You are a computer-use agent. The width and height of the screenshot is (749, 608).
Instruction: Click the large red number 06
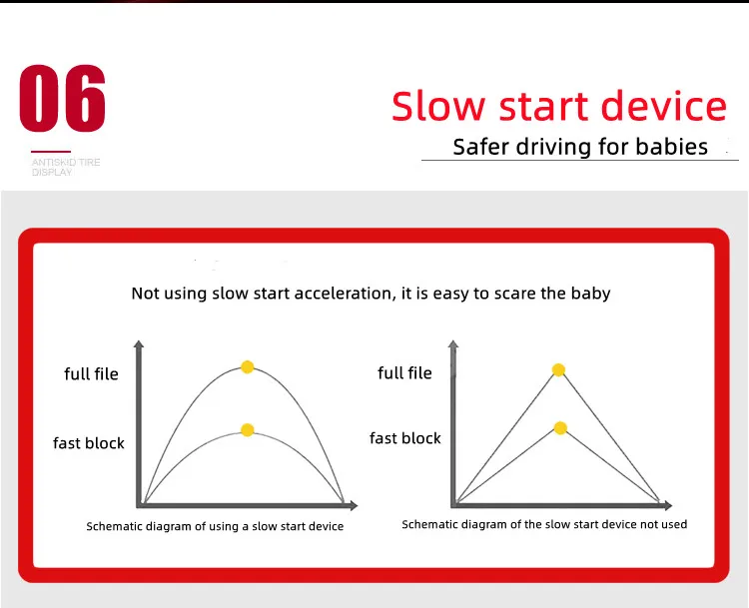[x=63, y=98]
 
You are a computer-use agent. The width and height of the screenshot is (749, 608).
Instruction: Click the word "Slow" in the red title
[x=438, y=105]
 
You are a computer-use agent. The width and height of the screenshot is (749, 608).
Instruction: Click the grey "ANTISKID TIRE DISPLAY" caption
[x=66, y=167]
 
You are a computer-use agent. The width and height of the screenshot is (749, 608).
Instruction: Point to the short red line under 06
[x=51, y=152]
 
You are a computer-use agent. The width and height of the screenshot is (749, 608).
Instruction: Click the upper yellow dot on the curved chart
[x=247, y=366]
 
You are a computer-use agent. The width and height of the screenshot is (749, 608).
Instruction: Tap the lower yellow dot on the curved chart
[x=247, y=430]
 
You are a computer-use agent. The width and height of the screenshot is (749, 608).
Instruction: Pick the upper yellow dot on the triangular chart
[x=558, y=369]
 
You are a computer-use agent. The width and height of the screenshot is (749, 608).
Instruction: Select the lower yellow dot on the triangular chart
[x=560, y=428]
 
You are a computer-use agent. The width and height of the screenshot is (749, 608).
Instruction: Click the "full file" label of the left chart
[x=91, y=373]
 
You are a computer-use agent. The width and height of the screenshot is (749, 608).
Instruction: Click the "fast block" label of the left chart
[x=88, y=442]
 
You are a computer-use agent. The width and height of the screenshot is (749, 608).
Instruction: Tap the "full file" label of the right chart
[x=404, y=372]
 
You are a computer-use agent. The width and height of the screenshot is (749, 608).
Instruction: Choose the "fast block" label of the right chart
[x=405, y=438]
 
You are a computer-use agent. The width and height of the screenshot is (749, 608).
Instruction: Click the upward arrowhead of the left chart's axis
[x=139, y=344]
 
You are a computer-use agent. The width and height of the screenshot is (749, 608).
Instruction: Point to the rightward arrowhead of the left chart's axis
[x=354, y=505]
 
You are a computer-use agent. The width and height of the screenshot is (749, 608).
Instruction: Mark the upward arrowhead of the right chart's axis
[x=453, y=344]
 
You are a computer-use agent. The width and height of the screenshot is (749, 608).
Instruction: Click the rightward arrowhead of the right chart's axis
[x=668, y=505]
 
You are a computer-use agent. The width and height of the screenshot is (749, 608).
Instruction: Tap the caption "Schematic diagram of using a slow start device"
[x=215, y=526]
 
